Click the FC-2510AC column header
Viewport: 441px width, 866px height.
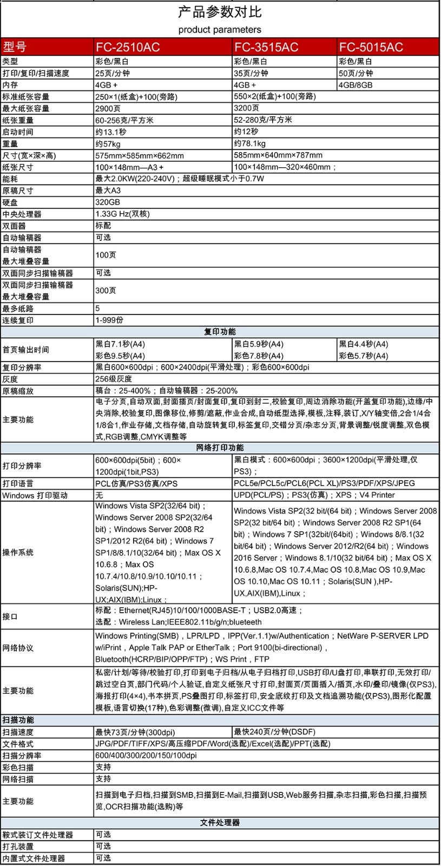(x=128, y=47)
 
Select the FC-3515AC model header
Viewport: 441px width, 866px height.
(x=266, y=47)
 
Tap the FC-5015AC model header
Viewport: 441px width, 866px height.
(x=371, y=47)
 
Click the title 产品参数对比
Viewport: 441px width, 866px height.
(x=220, y=12)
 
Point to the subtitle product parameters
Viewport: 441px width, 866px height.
(x=220, y=29)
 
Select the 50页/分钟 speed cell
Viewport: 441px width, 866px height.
(x=356, y=73)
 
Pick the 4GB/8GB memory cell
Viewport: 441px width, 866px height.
(x=356, y=85)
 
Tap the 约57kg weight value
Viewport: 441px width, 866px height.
(x=108, y=143)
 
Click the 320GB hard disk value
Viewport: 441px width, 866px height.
(x=108, y=202)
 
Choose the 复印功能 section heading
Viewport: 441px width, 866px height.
(x=220, y=332)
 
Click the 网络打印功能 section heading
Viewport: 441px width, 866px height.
(x=220, y=448)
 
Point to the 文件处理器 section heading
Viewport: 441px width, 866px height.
(x=220, y=823)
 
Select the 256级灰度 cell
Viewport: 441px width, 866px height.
(x=114, y=379)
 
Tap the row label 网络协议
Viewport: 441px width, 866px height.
(x=18, y=648)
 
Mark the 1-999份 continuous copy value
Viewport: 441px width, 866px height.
(x=109, y=320)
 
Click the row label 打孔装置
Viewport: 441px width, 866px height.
(x=18, y=847)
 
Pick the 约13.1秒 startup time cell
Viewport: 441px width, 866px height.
(x=111, y=132)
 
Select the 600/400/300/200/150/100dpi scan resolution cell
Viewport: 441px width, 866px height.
(x=146, y=755)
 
